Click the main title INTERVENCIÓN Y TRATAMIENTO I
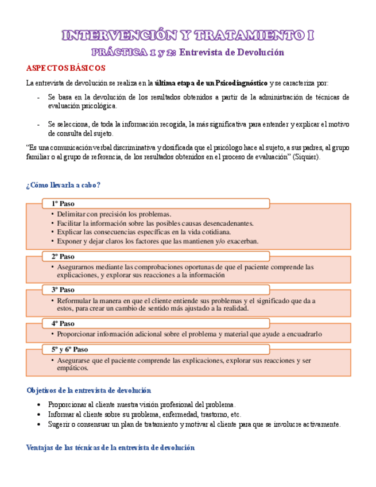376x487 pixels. pos(188,36)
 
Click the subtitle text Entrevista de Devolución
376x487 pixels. pos(232,53)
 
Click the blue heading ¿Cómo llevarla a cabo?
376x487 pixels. pos(64,184)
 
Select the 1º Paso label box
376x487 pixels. pos(155,203)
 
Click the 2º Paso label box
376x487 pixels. pos(155,256)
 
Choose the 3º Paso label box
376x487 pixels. pos(155,289)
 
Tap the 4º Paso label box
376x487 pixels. pos(155,323)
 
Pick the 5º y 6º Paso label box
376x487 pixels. pos(155,349)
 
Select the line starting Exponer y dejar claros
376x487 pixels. pos(157,241)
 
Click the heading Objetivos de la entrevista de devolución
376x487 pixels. pos(89,390)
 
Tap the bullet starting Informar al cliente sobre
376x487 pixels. pos(145,414)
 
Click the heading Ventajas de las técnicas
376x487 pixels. pos(111,447)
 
